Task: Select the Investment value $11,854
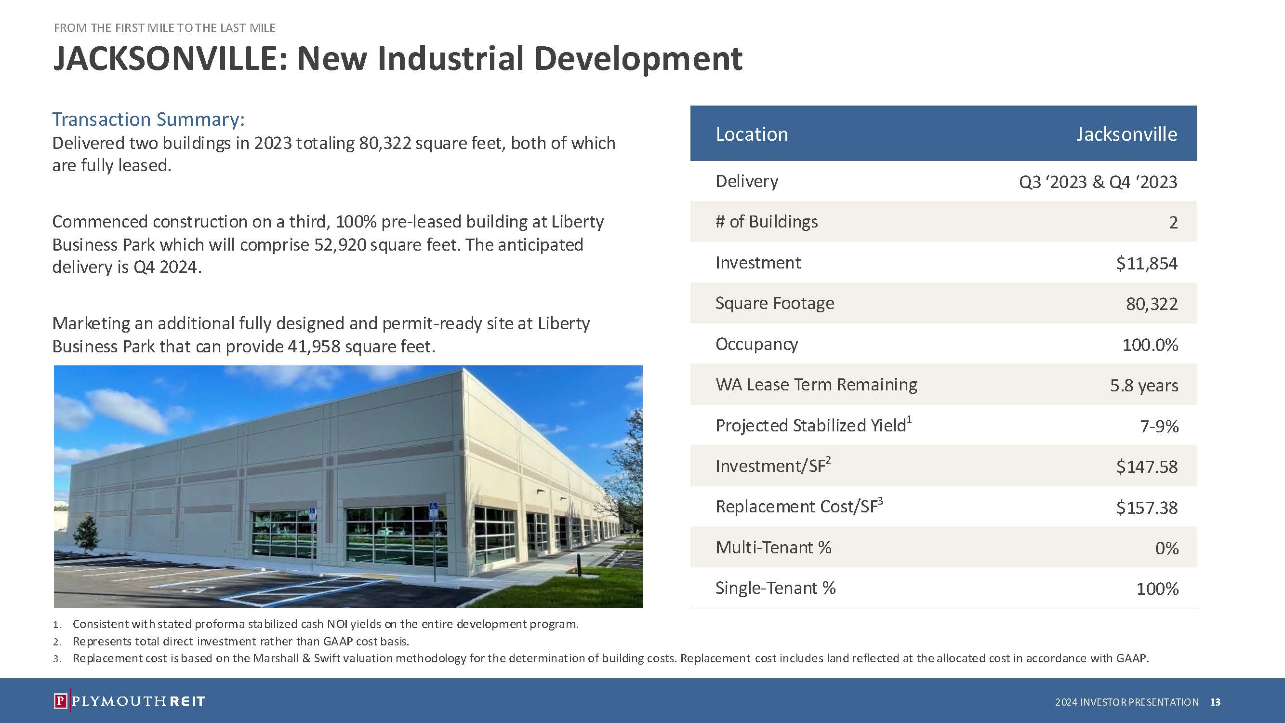[x=1147, y=263]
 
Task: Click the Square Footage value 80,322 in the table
[x=1152, y=304]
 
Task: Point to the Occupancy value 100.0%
[x=1150, y=345]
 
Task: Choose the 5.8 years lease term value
[x=1144, y=386]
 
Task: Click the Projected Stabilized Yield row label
[x=814, y=425]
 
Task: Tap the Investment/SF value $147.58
[x=1147, y=467]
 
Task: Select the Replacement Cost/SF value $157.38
[x=1147, y=508]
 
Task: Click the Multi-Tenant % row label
[x=773, y=548]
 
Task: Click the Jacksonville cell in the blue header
[x=1126, y=134]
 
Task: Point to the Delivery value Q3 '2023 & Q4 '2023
[x=1098, y=182]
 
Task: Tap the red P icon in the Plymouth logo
[x=60, y=701]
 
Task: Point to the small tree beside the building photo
[x=86, y=534]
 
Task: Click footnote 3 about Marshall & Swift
[x=601, y=658]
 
